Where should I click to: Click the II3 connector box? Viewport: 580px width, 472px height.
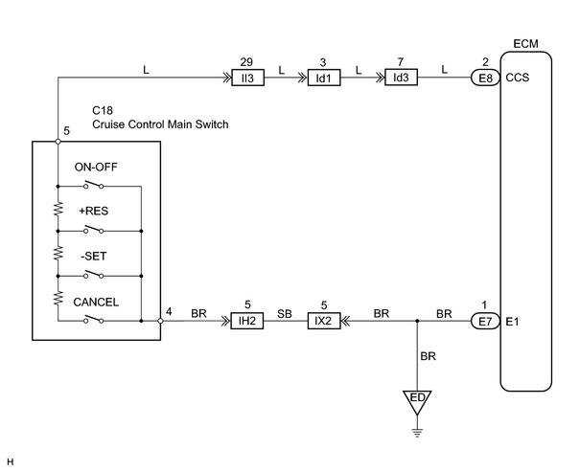point(248,78)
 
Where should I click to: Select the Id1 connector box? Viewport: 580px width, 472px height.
point(324,78)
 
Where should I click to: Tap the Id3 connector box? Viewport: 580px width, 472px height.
point(401,78)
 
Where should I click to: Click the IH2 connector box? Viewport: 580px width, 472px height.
point(247,321)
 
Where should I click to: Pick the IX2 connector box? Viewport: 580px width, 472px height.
point(324,321)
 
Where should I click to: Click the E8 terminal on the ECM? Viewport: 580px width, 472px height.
point(486,78)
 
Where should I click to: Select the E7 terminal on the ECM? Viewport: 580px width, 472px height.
point(486,322)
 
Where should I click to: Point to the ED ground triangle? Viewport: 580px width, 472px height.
point(417,402)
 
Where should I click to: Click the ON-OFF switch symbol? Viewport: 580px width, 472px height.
point(94,184)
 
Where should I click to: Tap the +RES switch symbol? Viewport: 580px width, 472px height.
point(94,230)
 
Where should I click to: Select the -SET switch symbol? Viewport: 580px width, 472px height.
point(94,274)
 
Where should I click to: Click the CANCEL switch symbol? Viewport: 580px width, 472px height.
point(94,319)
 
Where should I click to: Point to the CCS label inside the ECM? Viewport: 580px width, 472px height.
point(517,78)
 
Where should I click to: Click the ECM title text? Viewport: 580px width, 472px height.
point(525,44)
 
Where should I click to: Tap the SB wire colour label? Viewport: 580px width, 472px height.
point(285,314)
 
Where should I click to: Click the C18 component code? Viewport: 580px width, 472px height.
point(103,110)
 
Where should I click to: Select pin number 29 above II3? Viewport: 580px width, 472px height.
point(246,61)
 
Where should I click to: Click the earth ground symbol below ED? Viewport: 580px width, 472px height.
point(417,433)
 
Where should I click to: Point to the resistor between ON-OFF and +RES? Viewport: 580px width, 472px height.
point(58,209)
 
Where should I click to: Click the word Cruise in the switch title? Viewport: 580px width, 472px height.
point(107,124)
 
